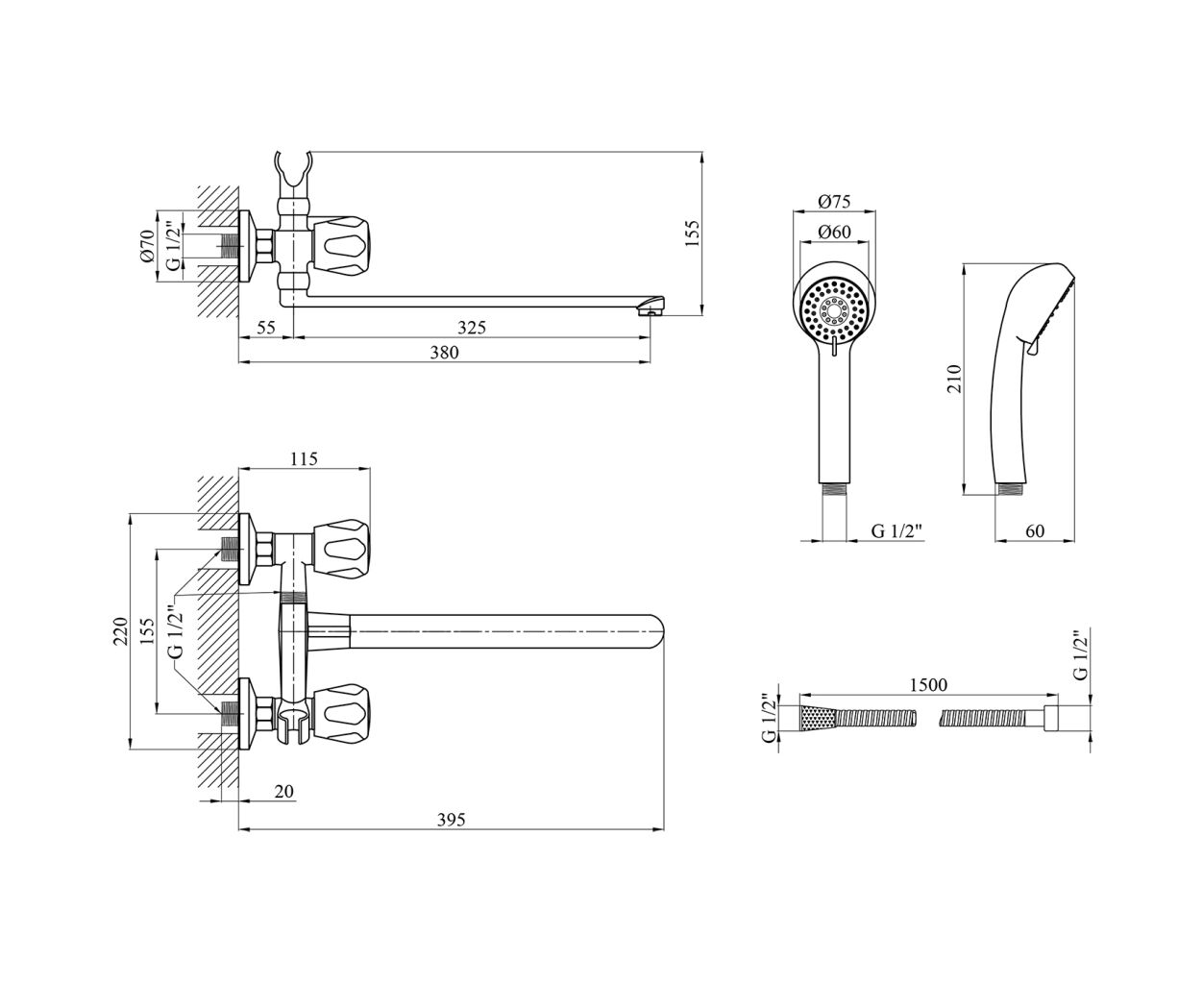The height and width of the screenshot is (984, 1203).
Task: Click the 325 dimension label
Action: coord(472,328)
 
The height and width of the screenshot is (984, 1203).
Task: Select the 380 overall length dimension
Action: coord(444,353)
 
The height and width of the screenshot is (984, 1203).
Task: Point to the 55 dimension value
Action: coord(266,328)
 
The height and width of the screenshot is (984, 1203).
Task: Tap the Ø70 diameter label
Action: coord(147,246)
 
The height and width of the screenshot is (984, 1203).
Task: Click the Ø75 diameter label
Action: coord(834,202)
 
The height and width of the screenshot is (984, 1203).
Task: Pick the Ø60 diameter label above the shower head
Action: coord(834,232)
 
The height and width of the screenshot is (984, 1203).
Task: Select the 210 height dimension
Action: coord(954,379)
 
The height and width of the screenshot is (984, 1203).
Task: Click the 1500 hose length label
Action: coord(928,684)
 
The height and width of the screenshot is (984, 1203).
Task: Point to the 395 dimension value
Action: coord(452,820)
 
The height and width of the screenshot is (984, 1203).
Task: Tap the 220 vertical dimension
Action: coord(120,631)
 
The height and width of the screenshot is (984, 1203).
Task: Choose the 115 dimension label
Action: coord(304,458)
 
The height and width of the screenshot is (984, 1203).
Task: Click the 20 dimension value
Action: coord(283,791)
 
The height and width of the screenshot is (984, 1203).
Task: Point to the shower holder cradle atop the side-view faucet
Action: coord(293,173)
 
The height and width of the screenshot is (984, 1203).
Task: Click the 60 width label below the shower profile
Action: coord(1035,531)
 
